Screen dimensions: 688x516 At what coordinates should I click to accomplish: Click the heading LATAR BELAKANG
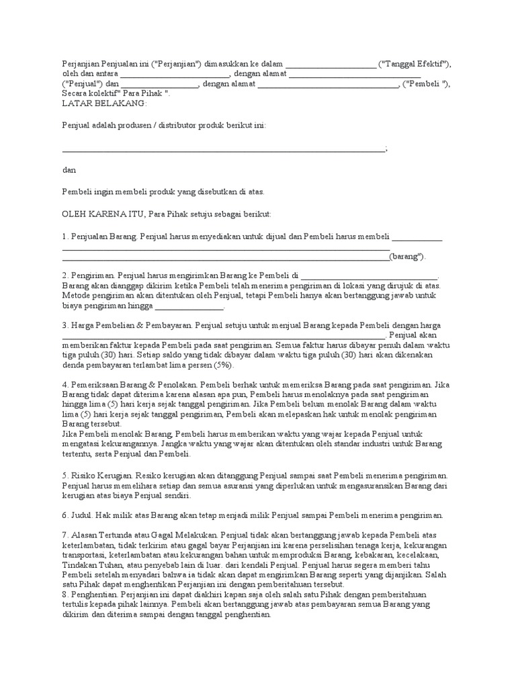click(x=104, y=103)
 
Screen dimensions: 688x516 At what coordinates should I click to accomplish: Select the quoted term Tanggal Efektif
click(x=414, y=64)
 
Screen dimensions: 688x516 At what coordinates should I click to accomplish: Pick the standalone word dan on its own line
click(x=69, y=170)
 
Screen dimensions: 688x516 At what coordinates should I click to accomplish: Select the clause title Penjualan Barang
click(x=103, y=236)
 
